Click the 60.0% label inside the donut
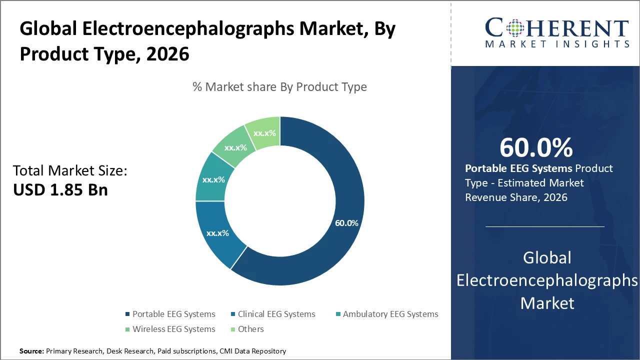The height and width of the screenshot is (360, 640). click(346, 223)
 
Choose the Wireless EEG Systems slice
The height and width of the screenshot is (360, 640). click(235, 147)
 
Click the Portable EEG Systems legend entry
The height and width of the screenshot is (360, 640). click(173, 314)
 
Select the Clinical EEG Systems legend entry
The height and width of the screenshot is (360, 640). click(276, 314)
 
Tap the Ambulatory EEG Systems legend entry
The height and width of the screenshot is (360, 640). click(390, 314)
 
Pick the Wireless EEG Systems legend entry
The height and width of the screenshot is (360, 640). click(173, 329)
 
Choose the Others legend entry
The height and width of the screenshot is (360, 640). click(250, 329)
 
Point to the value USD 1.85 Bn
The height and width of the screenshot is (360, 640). click(60, 189)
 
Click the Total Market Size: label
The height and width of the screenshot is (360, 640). click(70, 171)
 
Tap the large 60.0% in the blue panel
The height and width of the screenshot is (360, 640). click(536, 147)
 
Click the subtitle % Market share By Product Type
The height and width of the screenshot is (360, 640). click(279, 87)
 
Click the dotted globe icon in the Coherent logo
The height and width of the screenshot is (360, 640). click(515, 28)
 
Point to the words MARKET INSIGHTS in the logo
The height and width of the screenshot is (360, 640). click(557, 44)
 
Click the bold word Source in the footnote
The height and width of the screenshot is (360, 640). click(31, 351)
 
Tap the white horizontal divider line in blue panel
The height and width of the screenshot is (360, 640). click(545, 226)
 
